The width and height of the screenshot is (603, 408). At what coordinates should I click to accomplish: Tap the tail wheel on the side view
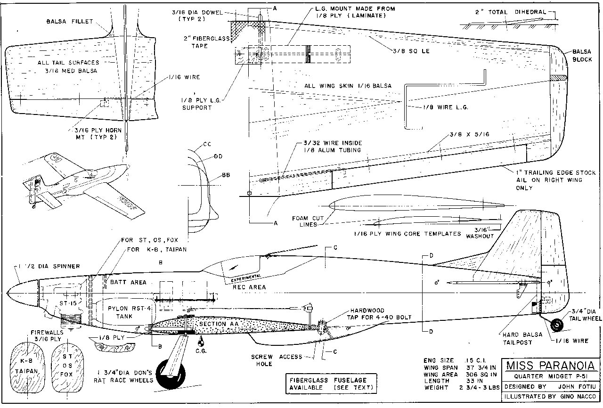pyautogui.click(x=557, y=325)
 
